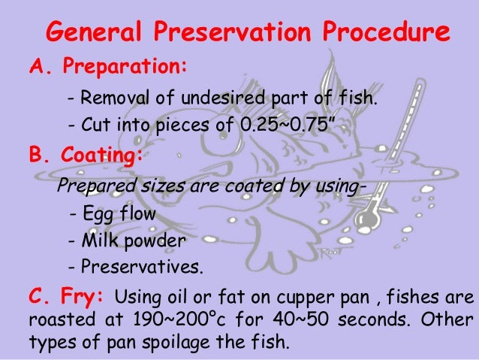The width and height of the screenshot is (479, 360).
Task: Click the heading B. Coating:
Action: tap(84, 156)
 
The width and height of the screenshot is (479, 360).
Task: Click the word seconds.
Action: tap(376, 316)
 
